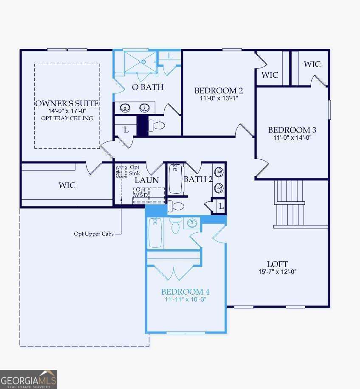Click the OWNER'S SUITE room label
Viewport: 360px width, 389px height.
point(67,104)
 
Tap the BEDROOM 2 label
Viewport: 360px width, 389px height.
point(219,90)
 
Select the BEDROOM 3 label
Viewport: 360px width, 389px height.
point(292,130)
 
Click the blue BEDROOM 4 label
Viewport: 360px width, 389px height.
point(185,292)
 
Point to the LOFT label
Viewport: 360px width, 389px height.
point(277,264)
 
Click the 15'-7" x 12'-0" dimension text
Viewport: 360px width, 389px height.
point(277,272)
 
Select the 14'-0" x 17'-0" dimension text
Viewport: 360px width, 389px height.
point(67,111)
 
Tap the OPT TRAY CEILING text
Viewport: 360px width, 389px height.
point(67,118)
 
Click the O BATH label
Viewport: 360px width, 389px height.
point(148,87)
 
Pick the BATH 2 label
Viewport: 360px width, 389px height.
point(198,179)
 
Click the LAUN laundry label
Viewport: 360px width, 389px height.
point(147,180)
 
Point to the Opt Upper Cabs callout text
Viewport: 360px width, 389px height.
point(94,234)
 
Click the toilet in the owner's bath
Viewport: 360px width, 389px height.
point(157,125)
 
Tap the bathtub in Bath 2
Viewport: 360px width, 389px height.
point(176,179)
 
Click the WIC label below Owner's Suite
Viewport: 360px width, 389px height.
point(67,185)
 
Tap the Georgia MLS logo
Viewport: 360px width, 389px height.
point(28,379)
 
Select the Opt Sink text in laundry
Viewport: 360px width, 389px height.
point(135,170)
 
